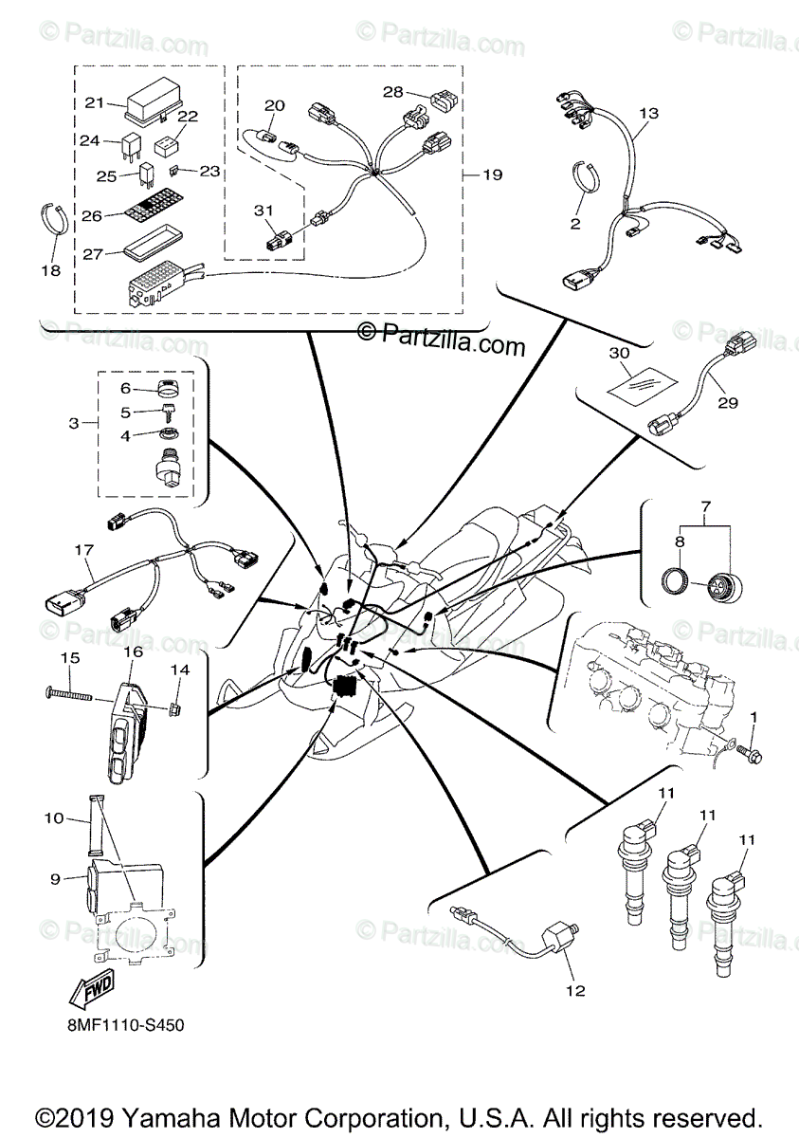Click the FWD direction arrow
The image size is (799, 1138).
[91, 993]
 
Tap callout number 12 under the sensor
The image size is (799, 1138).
[575, 991]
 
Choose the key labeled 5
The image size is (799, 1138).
[169, 413]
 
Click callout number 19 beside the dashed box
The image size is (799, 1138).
[492, 174]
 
